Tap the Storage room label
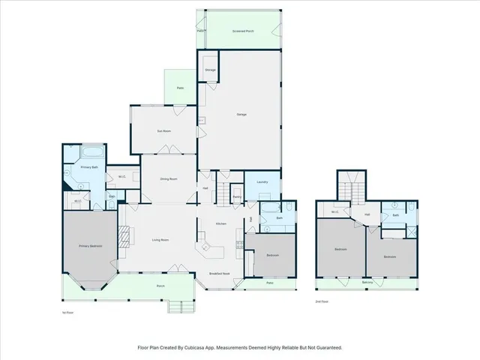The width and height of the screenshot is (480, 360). click(x=211, y=70)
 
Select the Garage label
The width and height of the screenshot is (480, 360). click(x=241, y=114)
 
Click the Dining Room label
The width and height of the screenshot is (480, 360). click(x=168, y=178)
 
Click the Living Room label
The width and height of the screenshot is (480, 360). click(x=160, y=240)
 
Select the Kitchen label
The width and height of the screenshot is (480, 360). click(x=221, y=224)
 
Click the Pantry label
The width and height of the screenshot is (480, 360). click(x=236, y=196)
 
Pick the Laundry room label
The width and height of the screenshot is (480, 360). click(x=262, y=182)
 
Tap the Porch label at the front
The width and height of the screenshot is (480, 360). click(x=160, y=286)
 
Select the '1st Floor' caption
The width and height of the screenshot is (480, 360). click(x=67, y=311)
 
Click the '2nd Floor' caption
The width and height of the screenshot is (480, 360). click(x=322, y=301)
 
